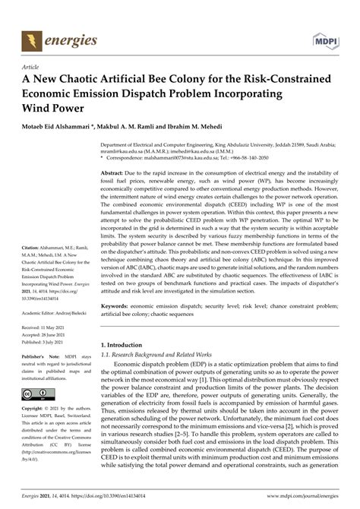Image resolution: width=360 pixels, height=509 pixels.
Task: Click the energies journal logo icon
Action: point(32,38)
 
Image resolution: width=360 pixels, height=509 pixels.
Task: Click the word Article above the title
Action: point(33,66)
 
